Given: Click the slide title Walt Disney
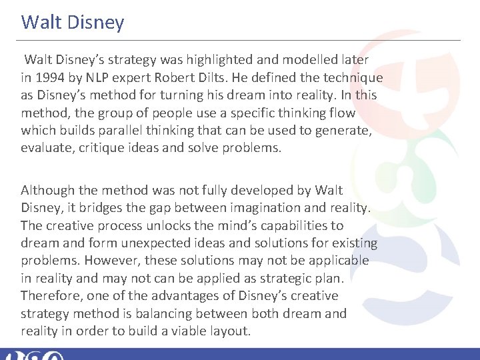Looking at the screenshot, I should pyautogui.click(x=73, y=23).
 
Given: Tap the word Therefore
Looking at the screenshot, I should pyautogui.click(x=49, y=295).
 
